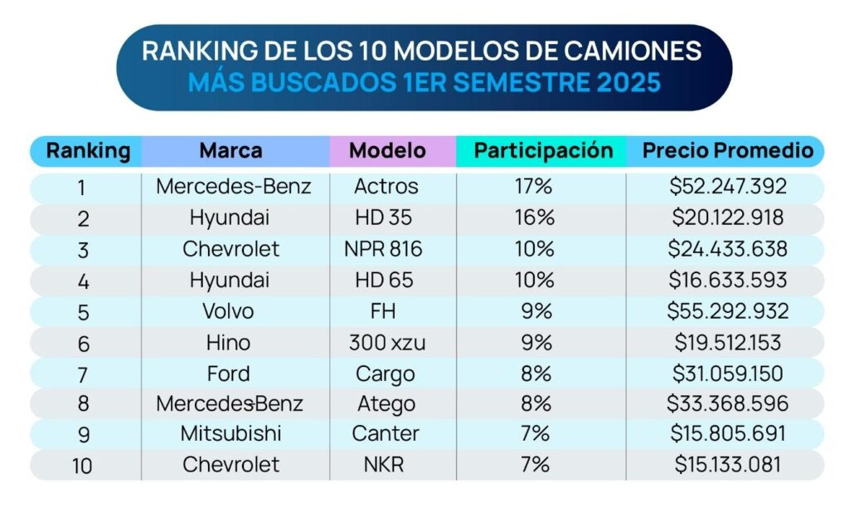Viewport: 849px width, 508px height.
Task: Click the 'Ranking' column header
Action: [x=88, y=151]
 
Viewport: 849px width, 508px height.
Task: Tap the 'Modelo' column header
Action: [x=387, y=151]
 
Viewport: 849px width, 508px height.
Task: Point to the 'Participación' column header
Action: [x=543, y=151]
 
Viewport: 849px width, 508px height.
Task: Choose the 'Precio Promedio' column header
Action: [x=728, y=151]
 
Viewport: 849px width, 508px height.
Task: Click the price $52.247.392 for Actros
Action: [x=728, y=187]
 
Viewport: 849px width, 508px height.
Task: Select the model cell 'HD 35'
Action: [x=383, y=217]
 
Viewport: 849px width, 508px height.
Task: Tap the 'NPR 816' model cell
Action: [x=383, y=249]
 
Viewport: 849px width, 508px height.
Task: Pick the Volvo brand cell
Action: [x=228, y=311]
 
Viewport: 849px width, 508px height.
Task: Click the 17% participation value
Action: [x=533, y=187]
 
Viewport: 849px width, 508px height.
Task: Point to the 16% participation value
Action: [x=533, y=217]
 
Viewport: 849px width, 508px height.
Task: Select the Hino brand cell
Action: [x=228, y=342]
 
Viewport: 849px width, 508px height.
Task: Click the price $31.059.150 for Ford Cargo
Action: [x=728, y=374]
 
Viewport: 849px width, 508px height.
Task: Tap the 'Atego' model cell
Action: [x=383, y=404]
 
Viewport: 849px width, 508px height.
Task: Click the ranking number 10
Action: [x=82, y=465]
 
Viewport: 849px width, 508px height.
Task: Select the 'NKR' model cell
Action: [x=383, y=464]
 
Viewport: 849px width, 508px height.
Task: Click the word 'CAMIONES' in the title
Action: [x=635, y=50]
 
